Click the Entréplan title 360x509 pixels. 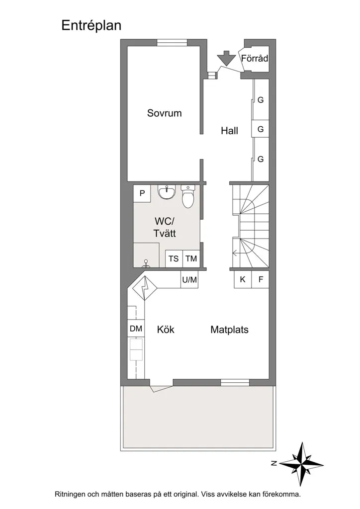[91, 25]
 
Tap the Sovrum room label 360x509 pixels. [164, 113]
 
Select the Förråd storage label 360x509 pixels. [255, 59]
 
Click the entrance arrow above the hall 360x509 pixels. [226, 59]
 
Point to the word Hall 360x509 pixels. [230, 131]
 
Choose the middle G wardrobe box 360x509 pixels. [261, 129]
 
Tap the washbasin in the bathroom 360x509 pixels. [167, 192]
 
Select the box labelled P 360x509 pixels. [142, 193]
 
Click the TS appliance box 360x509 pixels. [174, 258]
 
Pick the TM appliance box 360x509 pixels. [191, 258]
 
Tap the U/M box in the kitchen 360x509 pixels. [189, 279]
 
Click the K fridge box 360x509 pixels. [243, 279]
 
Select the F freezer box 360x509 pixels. [261, 279]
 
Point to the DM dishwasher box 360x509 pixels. [136, 329]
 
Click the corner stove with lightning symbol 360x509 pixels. [145, 288]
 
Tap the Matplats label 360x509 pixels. [230, 330]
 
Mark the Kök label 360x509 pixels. [166, 330]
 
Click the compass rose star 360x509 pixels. [301, 463]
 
